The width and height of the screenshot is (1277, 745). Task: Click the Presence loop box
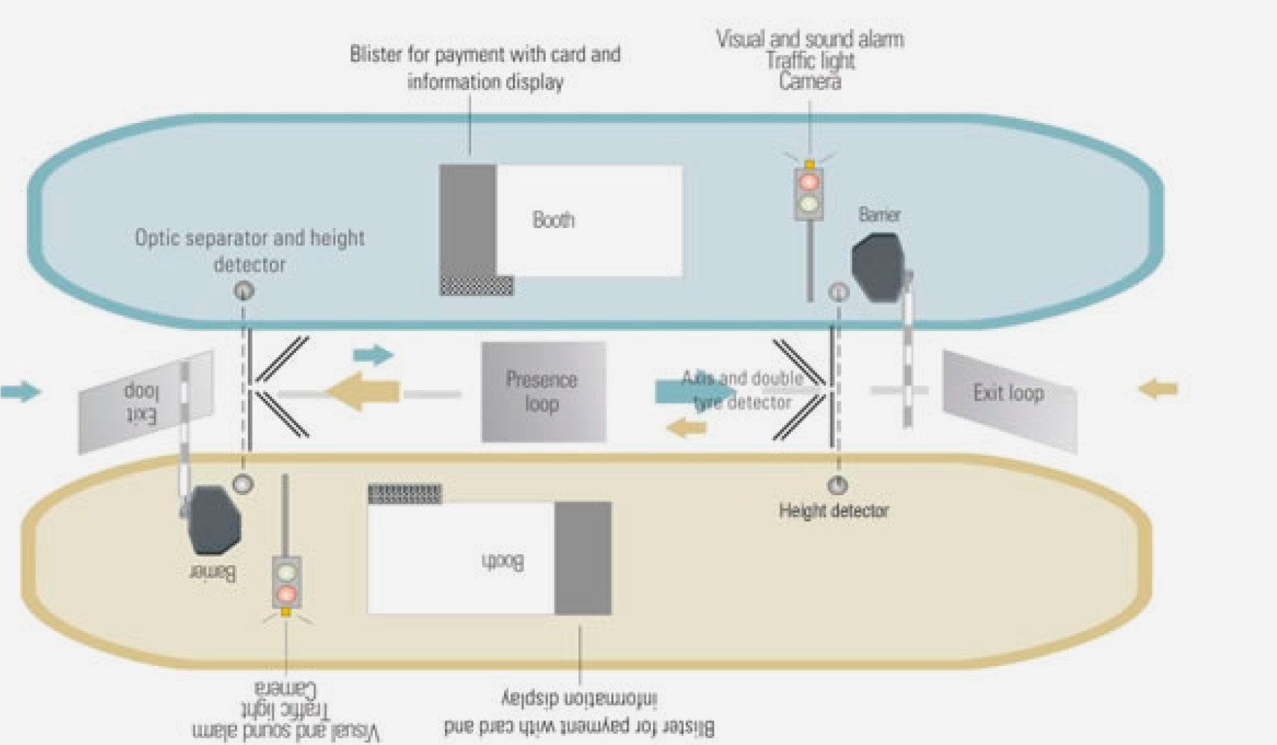pyautogui.click(x=543, y=392)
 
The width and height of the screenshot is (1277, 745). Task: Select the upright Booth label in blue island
pyautogui.click(x=553, y=220)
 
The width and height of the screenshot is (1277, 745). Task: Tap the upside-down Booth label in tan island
pyautogui.click(x=502, y=561)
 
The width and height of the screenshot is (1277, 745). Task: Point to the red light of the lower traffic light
pyautogui.click(x=286, y=594)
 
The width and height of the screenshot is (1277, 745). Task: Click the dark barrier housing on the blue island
pyautogui.click(x=877, y=268)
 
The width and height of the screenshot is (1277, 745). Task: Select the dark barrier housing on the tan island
pyautogui.click(x=215, y=520)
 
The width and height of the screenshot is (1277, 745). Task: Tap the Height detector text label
pyautogui.click(x=833, y=511)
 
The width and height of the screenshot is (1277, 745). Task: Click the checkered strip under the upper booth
pyautogui.click(x=476, y=286)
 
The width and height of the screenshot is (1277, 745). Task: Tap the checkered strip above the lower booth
pyautogui.click(x=405, y=493)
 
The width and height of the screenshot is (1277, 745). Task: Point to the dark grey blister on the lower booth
pyautogui.click(x=583, y=558)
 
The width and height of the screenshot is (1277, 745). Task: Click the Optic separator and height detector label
pyautogui.click(x=250, y=251)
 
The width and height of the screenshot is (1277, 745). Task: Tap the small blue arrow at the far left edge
pyautogui.click(x=20, y=391)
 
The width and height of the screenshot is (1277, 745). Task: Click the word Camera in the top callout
pyautogui.click(x=810, y=82)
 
